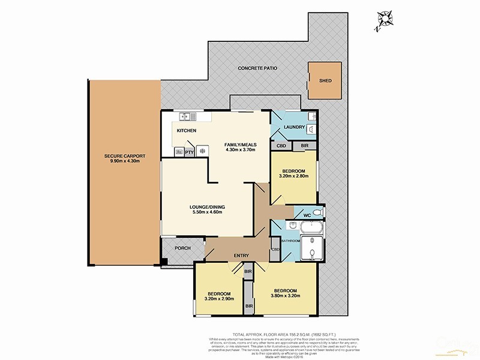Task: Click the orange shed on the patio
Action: tap(325, 80)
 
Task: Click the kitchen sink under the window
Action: tap(185, 115)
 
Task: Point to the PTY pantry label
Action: tap(188, 152)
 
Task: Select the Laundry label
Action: tap(294, 127)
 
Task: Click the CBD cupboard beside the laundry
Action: tap(281, 145)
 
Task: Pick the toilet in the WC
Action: tap(317, 212)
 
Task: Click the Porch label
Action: tap(182, 248)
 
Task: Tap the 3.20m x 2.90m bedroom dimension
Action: tap(219, 298)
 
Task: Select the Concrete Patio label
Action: tap(257, 68)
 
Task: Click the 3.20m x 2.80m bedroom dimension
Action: tap(294, 176)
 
